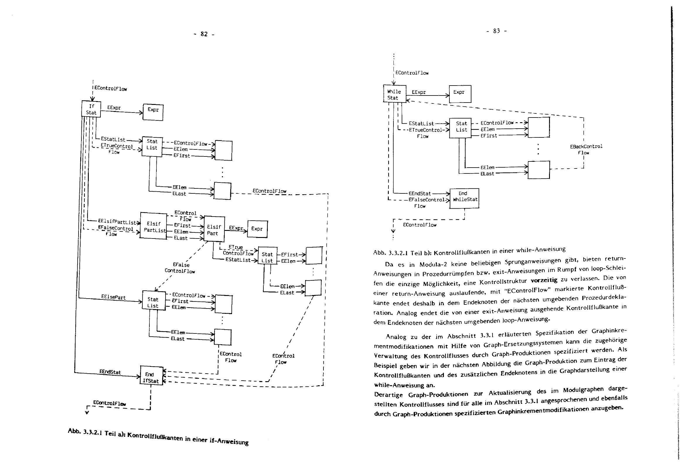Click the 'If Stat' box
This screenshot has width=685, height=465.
91,109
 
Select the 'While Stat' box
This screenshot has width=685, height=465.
394,94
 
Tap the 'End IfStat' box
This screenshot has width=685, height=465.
151,376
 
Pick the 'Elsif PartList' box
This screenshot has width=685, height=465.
153,226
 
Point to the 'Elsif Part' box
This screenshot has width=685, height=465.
214,230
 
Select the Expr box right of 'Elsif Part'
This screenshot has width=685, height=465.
257,229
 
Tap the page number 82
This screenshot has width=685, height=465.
204,34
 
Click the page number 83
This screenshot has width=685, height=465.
497,31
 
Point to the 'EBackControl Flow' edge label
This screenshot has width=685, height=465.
586,149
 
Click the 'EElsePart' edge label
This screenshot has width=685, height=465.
113,297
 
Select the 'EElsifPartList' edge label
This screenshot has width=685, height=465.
117,222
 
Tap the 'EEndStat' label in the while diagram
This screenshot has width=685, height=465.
420,193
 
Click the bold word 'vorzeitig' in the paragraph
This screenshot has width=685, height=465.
544,280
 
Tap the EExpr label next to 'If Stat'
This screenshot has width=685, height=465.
114,108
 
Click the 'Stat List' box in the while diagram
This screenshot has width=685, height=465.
461,127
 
